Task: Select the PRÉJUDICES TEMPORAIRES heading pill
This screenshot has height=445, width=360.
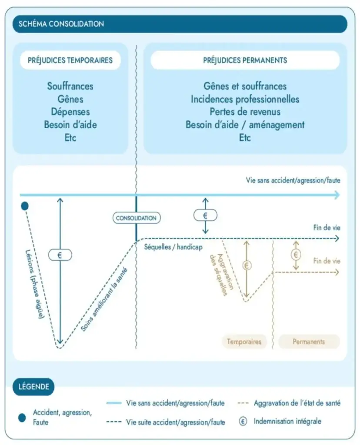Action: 70,60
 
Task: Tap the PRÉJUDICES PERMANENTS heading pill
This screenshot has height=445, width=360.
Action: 245,60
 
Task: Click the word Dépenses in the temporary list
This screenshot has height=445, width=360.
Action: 70,112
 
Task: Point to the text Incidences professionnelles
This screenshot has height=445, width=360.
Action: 245,99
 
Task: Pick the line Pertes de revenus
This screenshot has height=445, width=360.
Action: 245,112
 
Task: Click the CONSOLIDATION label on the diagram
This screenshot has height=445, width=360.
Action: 136,218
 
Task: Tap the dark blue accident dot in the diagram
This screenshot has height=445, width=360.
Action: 25,206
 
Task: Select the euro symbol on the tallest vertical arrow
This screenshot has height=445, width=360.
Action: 60,255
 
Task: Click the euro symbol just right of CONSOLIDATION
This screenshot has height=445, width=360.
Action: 206,215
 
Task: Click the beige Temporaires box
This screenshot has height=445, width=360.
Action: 244,342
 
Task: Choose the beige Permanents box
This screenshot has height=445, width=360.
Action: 308,342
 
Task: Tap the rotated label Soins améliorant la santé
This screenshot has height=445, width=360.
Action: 107,296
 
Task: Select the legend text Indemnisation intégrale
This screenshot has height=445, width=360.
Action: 287,421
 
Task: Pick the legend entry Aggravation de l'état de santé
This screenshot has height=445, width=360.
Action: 297,403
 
